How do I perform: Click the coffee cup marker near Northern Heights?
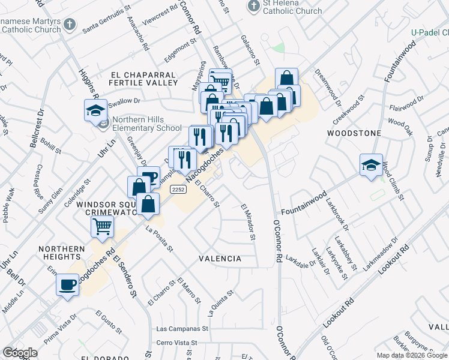pos(67,283)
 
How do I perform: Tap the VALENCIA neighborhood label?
pos(220,259)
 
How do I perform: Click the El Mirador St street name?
pos(249,222)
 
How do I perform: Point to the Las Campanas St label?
pos(182,329)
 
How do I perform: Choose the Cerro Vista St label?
pos(176,343)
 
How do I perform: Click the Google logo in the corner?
pos(20,353)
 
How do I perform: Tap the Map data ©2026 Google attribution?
pos(412,355)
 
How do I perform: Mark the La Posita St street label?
pos(159,239)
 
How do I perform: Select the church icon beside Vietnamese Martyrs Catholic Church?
pos(70,25)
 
